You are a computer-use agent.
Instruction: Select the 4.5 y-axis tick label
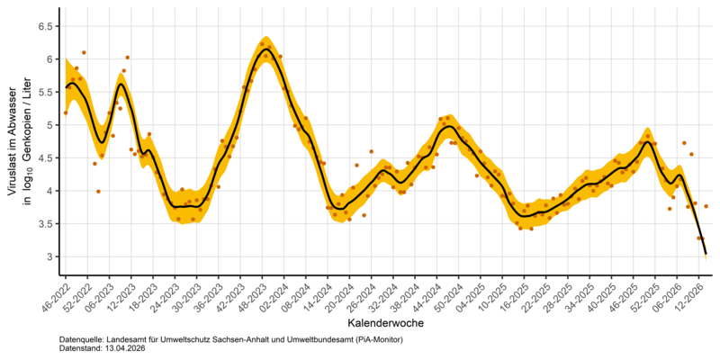43,157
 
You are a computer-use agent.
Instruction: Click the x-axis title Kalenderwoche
382,321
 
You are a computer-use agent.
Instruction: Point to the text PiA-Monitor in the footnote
375,339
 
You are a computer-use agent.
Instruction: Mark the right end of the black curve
706,253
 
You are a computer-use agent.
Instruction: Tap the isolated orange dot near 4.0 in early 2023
98,191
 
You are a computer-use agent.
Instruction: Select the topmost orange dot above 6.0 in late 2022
84,53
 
